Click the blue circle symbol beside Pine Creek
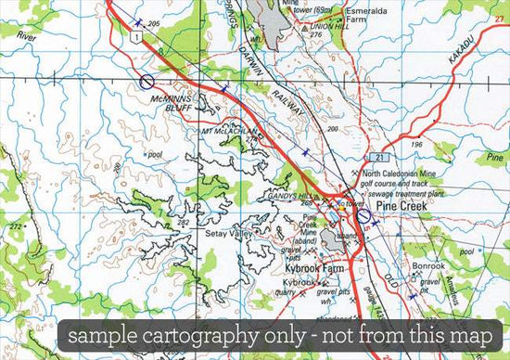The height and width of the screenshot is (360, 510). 363,213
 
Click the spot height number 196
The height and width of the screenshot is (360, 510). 417,145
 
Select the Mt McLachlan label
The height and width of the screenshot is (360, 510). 230,132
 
